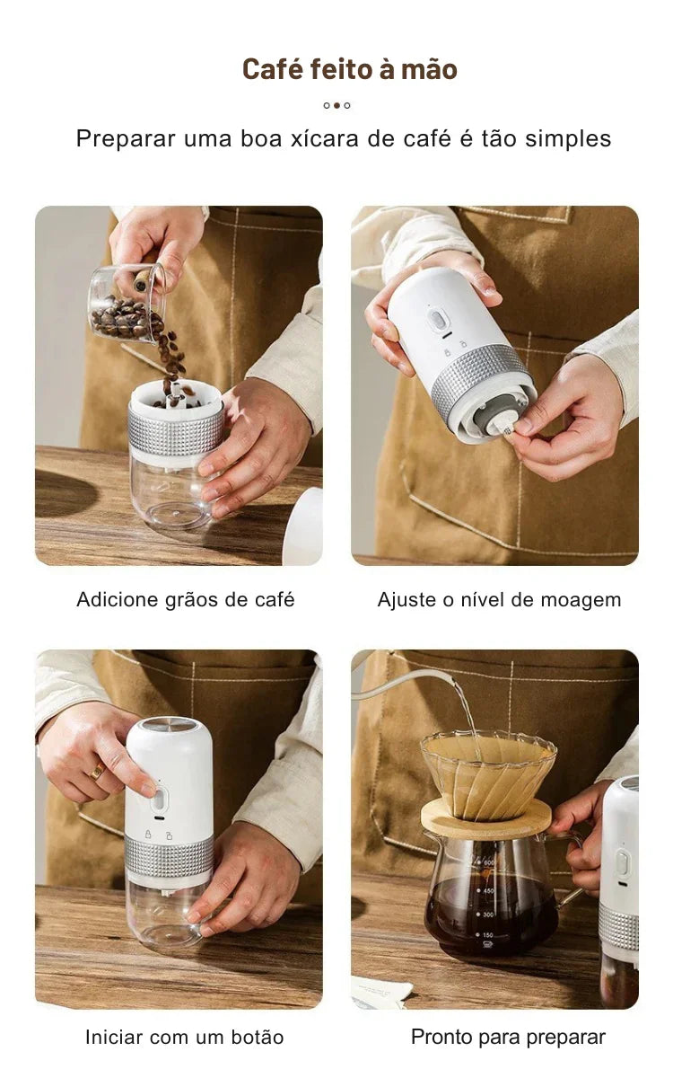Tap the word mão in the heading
tap(429, 69)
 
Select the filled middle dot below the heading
tap(336, 105)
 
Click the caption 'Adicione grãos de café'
tap(186, 600)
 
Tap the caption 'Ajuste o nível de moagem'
tap(499, 600)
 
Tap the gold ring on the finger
tap(97, 772)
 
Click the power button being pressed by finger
tap(158, 801)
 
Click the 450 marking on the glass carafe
tap(488, 891)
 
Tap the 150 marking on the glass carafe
tap(487, 935)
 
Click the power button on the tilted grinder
tap(438, 321)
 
